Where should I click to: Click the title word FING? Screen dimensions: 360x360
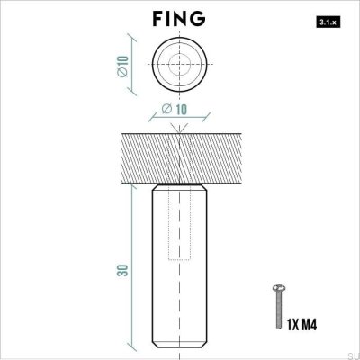pos(180,19)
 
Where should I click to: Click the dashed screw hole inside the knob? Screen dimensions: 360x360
pos(180,225)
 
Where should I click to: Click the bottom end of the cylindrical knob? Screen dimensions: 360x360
pos(180,348)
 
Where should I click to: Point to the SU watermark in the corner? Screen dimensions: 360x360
pos(352,354)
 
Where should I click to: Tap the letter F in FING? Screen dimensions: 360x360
pos(158,19)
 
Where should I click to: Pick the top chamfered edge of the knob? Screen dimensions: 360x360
pos(180,188)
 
